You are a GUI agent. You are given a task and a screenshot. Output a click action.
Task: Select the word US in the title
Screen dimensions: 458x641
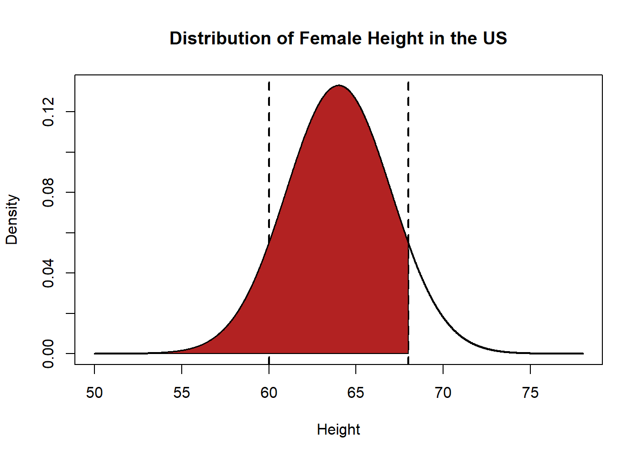[495, 38]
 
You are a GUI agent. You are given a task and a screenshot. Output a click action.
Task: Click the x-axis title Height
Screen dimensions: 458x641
[338, 429]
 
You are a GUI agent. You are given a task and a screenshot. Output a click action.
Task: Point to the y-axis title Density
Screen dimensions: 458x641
[12, 219]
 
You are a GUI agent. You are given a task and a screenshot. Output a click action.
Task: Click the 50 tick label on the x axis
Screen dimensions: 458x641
[94, 393]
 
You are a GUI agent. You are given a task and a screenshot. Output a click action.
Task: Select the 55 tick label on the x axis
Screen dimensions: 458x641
[182, 393]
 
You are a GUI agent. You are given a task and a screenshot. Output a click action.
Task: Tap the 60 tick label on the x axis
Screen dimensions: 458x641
[269, 393]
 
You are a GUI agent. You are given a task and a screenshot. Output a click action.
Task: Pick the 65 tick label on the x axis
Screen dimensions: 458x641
[356, 393]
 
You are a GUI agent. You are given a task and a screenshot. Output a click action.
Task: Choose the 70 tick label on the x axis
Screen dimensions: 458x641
[443, 393]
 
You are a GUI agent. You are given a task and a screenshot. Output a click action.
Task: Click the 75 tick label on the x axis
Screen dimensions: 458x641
[530, 393]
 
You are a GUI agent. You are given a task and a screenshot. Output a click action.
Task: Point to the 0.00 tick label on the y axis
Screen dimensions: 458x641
[48, 354]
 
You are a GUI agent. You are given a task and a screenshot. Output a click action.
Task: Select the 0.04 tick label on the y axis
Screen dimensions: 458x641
[48, 273]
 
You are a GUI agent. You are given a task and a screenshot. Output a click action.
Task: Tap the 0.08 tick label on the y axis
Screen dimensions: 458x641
[48, 192]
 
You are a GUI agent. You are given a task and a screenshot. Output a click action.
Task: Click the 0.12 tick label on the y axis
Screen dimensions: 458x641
[48, 112]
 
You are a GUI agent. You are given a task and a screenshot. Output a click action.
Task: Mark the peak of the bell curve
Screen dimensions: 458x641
[339, 85]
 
